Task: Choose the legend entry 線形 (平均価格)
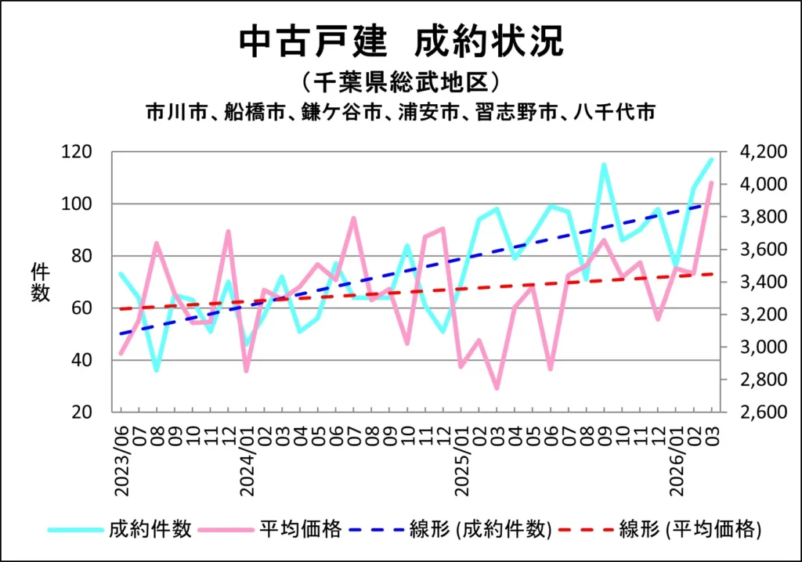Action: point(690,530)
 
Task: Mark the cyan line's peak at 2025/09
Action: point(604,165)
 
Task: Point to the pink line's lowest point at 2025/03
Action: point(497,387)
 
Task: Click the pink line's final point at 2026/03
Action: point(711,182)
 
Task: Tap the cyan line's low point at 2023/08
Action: point(157,369)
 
